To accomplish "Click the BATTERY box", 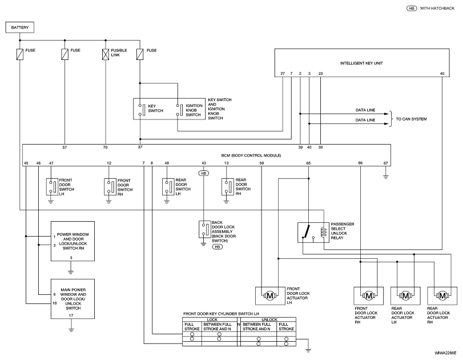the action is [x=20, y=27].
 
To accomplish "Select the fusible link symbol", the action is [x=106, y=54].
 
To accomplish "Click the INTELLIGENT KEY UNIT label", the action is [x=361, y=63].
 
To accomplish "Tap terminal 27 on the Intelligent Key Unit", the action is [x=283, y=74].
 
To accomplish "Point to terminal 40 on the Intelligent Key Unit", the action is [x=442, y=74].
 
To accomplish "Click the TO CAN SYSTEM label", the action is [x=411, y=119].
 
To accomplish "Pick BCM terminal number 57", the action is [x=65, y=147].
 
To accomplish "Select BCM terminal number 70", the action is [x=106, y=147].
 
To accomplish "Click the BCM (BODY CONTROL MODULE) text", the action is [x=251, y=155].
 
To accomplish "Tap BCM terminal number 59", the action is [x=261, y=163].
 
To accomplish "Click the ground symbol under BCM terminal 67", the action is [x=385, y=177].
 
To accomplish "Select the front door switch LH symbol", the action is [x=52, y=186].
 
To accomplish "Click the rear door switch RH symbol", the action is [x=228, y=186].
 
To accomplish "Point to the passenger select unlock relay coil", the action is [x=324, y=232].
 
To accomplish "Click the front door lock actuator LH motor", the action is [x=269, y=295].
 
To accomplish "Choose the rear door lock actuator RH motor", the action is [x=442, y=295].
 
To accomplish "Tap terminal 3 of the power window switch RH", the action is [x=71, y=258].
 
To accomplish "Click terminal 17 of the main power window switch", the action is [x=71, y=315].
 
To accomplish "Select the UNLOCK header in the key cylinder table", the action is [x=269, y=319].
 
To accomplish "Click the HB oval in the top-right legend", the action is [x=412, y=8].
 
